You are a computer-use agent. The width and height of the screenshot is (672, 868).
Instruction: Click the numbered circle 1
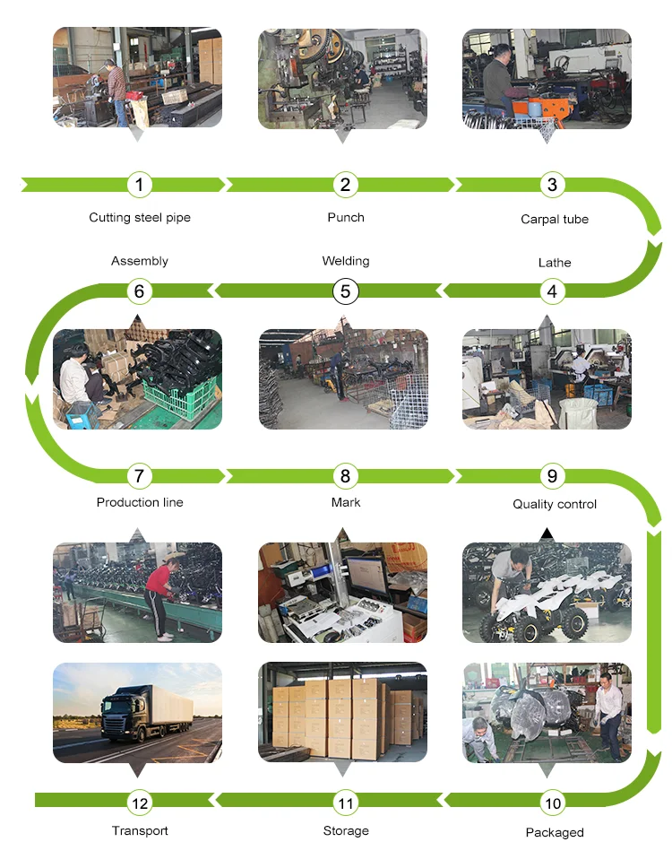[x=139, y=185]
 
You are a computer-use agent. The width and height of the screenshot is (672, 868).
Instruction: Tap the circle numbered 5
[x=346, y=291]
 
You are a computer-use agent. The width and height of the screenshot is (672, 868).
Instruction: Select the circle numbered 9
[x=552, y=476]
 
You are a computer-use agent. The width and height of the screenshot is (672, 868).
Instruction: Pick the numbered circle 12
[x=140, y=803]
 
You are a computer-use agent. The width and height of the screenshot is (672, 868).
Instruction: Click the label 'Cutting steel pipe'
[x=140, y=218]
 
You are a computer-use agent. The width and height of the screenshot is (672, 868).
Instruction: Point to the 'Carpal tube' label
[x=555, y=220]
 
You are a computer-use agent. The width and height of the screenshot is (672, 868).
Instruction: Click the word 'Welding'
[x=346, y=261]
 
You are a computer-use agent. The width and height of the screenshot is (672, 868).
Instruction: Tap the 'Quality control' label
[x=555, y=504]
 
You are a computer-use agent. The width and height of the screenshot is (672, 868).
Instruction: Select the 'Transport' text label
[x=140, y=831]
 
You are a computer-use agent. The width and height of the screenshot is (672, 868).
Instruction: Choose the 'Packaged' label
[x=555, y=833]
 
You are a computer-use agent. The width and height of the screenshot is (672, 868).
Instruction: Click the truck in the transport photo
[x=143, y=711]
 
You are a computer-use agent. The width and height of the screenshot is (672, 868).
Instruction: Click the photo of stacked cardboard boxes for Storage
[x=343, y=713]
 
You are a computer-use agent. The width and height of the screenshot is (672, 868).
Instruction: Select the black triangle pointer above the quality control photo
[x=547, y=534]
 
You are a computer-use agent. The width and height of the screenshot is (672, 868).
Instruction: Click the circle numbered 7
[x=139, y=476]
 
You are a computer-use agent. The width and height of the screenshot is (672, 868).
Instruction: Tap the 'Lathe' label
[x=555, y=263]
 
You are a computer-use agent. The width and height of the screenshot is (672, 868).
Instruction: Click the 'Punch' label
[x=346, y=218]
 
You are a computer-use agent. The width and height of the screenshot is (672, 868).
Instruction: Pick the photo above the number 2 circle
[x=343, y=78]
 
